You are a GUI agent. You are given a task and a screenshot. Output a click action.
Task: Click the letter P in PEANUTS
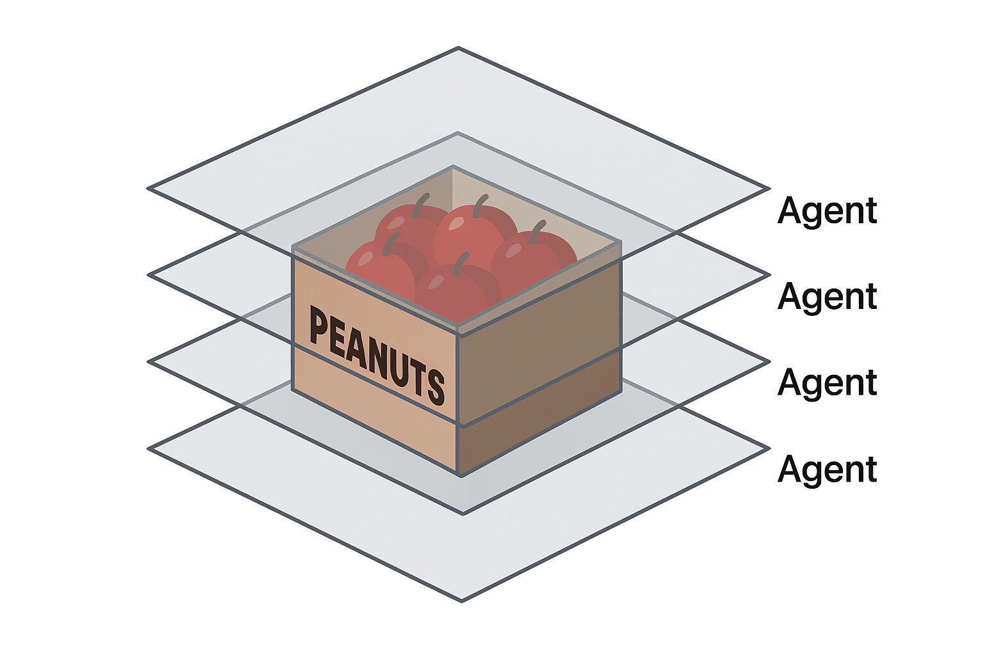[318, 326]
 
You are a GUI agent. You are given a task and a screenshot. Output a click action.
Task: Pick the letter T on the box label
[417, 376]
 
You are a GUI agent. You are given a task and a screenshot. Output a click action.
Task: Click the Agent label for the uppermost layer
[827, 210]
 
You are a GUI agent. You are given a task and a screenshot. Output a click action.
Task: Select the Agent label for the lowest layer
[827, 469]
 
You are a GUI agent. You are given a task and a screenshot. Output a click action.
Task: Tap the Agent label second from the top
[827, 296]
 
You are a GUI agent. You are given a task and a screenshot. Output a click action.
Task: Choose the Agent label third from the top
[827, 383]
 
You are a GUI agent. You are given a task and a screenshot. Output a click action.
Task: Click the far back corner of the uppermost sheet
[458, 48]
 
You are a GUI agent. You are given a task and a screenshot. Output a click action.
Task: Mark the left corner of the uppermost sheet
[148, 188]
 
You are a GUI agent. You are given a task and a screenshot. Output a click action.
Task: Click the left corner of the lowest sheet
[148, 449]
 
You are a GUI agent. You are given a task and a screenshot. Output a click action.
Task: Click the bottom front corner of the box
[458, 475]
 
